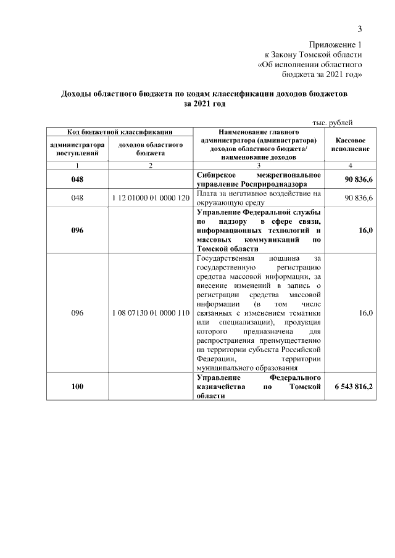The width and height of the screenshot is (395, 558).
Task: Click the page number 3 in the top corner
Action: coord(360,29)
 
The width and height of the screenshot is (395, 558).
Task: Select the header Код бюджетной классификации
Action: coord(120,131)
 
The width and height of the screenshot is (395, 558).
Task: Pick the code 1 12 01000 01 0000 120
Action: coord(151,198)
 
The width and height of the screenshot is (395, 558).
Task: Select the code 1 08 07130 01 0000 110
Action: coord(151,313)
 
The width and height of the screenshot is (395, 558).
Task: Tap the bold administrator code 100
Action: coord(77,386)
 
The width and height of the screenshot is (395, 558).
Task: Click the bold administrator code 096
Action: coord(77,229)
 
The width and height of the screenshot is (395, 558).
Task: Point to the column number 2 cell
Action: coord(151,166)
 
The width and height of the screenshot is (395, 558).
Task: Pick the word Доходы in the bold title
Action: coord(77,95)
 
